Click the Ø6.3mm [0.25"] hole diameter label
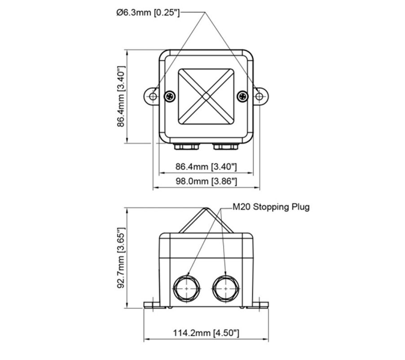147,13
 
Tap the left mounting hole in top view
153,96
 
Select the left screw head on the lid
170,96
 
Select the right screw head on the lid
243,96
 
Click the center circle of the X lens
206,96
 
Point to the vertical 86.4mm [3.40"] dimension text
121,97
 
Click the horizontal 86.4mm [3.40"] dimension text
206,167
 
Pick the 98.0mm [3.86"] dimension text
206,181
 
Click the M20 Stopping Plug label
271,207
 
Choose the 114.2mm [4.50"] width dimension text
206,333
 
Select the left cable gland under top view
187,146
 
